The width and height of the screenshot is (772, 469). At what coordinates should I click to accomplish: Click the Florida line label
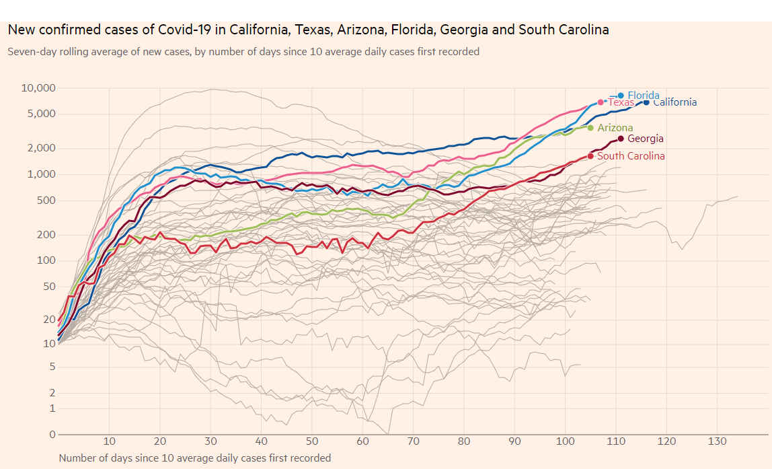tap(643, 96)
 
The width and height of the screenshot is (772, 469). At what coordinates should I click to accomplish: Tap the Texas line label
tap(621, 102)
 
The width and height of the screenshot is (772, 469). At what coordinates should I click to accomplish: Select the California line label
tap(674, 102)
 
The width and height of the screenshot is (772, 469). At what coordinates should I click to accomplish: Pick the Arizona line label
tap(615, 128)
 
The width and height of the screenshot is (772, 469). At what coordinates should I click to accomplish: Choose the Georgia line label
tap(645, 139)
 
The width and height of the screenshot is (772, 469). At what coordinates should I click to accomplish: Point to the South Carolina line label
tap(631, 156)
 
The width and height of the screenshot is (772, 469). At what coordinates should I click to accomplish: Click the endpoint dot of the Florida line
tap(621, 96)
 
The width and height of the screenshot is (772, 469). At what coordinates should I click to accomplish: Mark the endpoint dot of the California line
tap(646, 102)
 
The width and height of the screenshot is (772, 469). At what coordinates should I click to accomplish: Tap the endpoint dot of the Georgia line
tap(621, 139)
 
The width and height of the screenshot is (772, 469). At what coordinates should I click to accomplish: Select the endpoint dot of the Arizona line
tap(590, 128)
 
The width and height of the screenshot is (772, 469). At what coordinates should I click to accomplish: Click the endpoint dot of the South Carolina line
tap(590, 156)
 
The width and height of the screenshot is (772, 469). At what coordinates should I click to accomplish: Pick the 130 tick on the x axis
tap(717, 441)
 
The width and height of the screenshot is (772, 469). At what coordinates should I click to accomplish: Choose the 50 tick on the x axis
tap(312, 441)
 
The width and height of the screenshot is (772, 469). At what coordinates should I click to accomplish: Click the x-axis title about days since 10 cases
tap(195, 458)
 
